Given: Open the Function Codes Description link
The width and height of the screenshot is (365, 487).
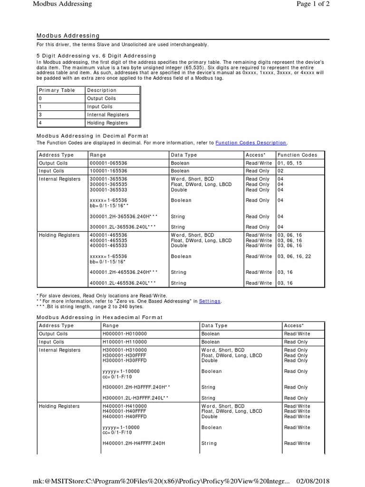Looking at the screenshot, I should pos(251,143).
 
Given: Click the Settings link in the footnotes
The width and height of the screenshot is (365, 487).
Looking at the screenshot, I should pos(210,301).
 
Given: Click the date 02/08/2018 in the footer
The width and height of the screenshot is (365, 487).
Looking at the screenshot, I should pos(310,481).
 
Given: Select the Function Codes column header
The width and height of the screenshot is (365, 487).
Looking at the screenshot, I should pos(298,155).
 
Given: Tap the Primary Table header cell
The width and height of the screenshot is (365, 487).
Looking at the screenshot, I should pos(57,90).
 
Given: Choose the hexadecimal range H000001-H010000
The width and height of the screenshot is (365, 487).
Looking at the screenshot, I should pos(125,334).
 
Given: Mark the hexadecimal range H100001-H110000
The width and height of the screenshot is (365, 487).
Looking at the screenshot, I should pos(125,342).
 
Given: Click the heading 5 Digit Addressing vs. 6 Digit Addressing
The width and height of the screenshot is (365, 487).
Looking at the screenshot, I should pos(96,56).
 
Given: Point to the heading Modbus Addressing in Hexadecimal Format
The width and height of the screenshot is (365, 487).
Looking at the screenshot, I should pos(100,317).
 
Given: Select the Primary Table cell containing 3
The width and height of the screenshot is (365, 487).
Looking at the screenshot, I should pos(40,115).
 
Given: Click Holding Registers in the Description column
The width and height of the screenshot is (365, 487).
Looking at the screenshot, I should pos(107,123).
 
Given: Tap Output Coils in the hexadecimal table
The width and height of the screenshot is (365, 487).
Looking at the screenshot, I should pos(53,334).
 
